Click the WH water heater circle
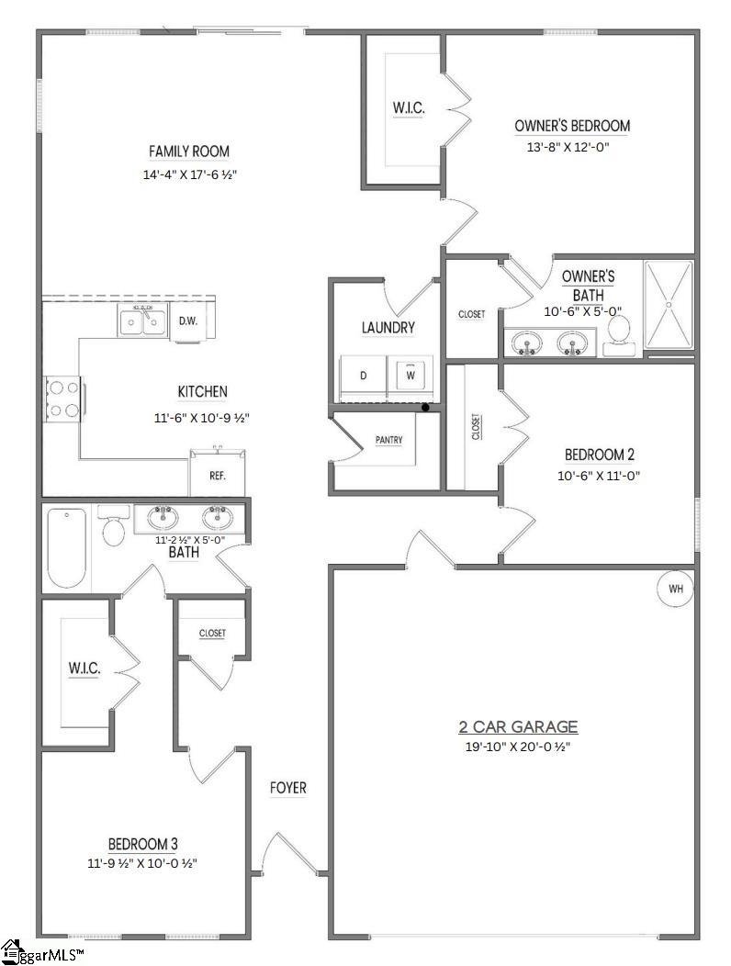(675, 589)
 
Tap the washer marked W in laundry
(410, 376)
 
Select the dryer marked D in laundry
(364, 376)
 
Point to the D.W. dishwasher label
(188, 321)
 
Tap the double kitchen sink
(142, 320)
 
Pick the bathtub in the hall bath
(66, 547)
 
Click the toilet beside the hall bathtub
(114, 526)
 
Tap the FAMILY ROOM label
(189, 152)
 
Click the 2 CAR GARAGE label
(518, 727)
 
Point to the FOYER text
(287, 788)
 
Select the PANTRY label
(389, 441)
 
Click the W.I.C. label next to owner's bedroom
(408, 108)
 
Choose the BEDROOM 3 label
(142, 844)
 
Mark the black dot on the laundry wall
(424, 407)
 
